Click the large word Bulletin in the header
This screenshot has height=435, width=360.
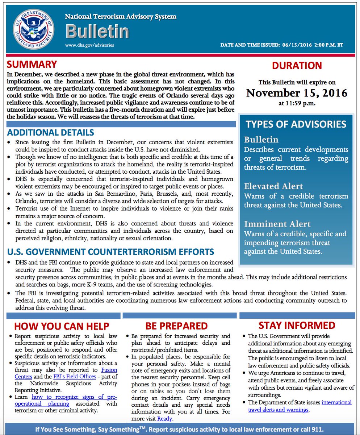click(x=97, y=32)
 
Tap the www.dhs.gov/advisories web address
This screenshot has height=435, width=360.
click(x=89, y=45)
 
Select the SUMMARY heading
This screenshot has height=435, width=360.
click(x=32, y=65)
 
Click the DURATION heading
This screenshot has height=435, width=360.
click(x=297, y=66)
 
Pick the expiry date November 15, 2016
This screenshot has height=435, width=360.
click(x=297, y=93)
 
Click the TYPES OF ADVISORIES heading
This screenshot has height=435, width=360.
click(x=296, y=124)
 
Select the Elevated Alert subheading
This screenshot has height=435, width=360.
click(x=273, y=186)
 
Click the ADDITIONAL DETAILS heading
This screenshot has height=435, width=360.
click(x=50, y=132)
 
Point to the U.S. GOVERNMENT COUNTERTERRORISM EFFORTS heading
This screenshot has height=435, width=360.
click(x=110, y=252)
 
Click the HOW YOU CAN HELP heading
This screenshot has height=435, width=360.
click(x=62, y=326)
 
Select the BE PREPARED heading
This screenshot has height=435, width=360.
click(x=176, y=326)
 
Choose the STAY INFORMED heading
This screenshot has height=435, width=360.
click(x=297, y=325)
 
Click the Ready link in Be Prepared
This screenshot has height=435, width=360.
click(x=164, y=419)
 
